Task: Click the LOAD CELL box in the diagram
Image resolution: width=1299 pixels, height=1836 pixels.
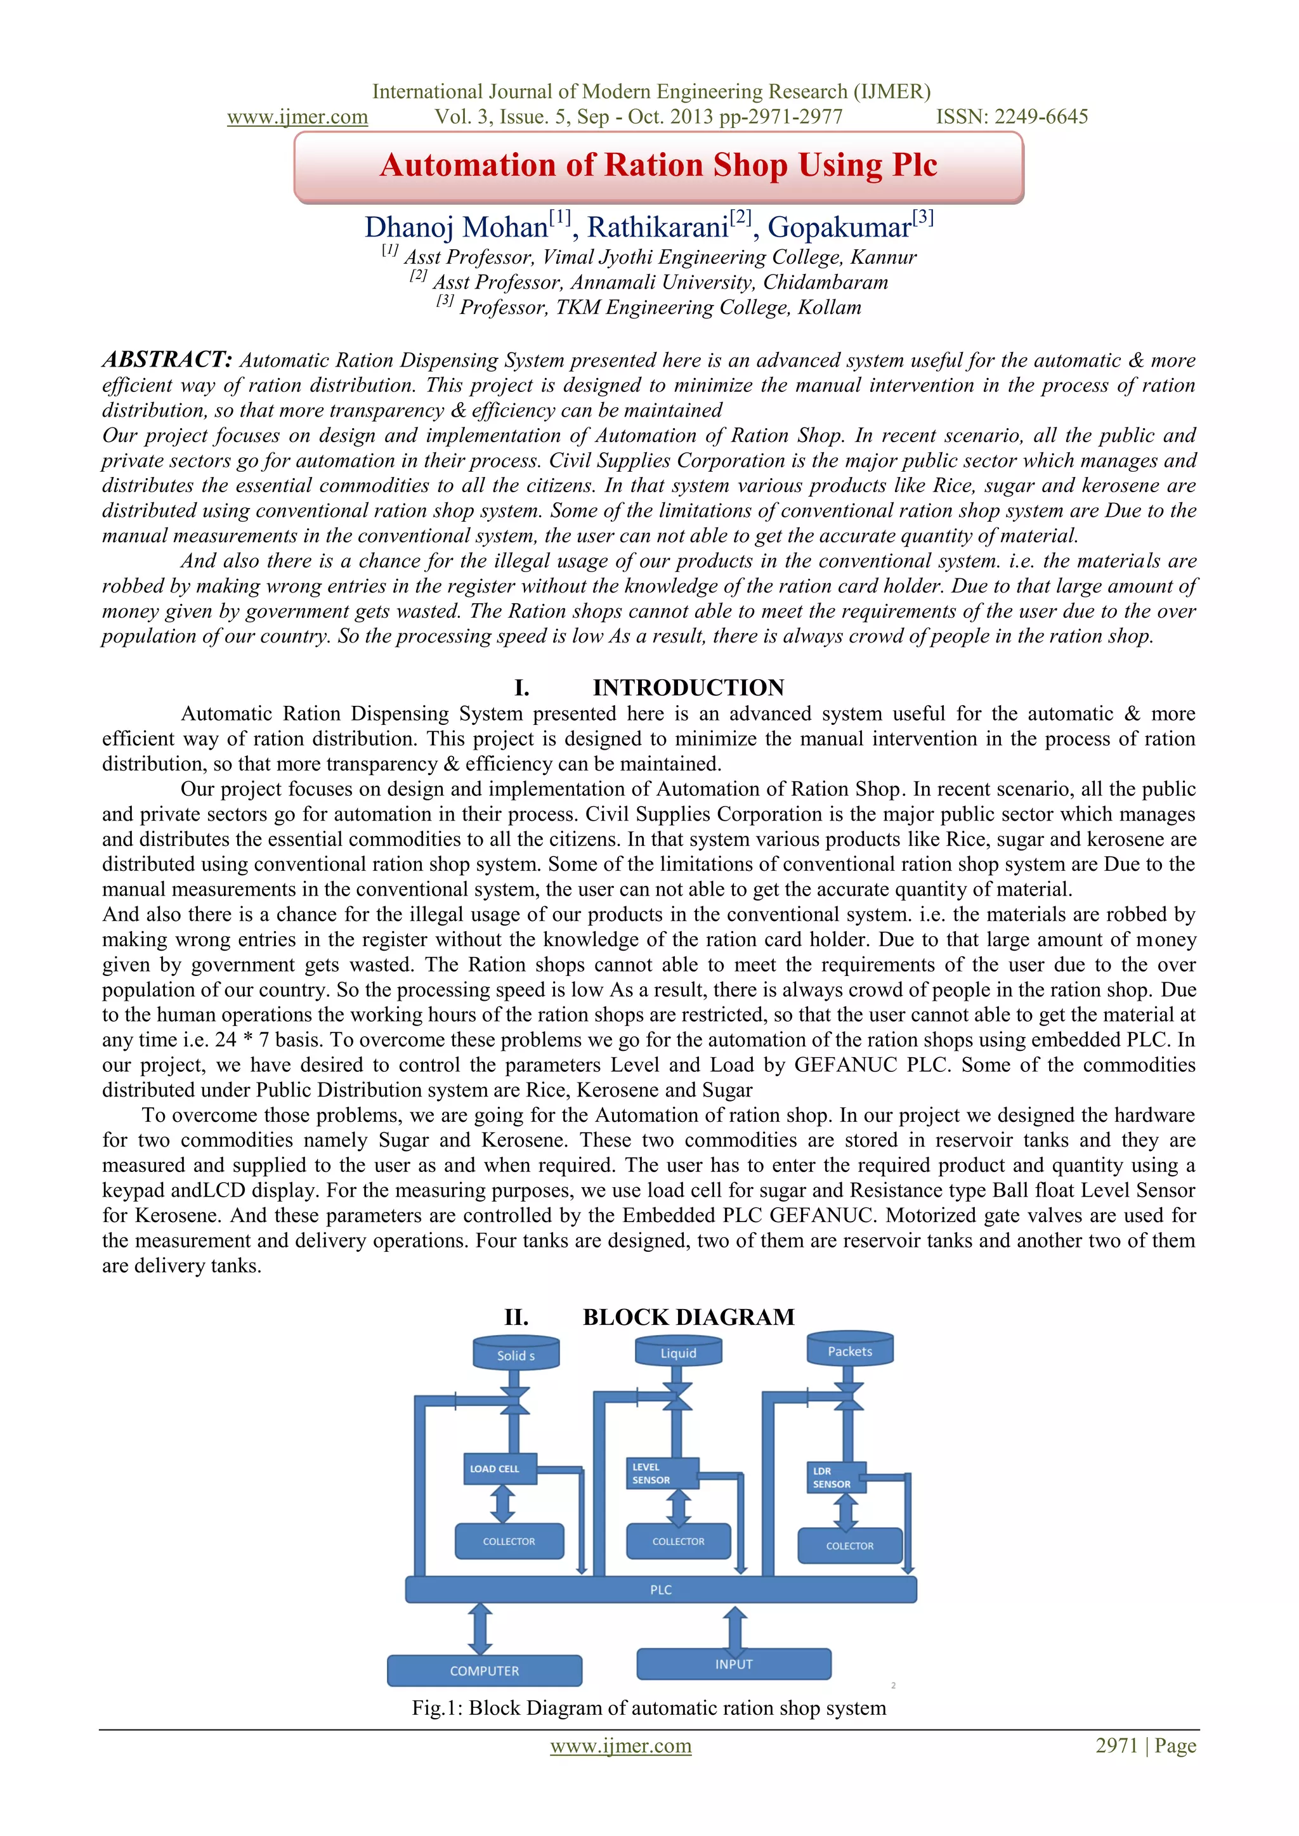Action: click(x=500, y=1468)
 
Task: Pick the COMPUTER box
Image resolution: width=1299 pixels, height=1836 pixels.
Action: click(x=485, y=1670)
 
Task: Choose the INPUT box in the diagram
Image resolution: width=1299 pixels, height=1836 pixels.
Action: click(x=733, y=1664)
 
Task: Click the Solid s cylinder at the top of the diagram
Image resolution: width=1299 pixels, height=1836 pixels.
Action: click(x=516, y=1355)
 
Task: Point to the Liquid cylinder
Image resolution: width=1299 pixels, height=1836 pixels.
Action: click(x=678, y=1352)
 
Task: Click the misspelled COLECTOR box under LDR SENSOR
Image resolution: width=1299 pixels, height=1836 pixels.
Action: click(x=849, y=1546)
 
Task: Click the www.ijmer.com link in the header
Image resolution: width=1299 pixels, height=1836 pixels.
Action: click(x=297, y=117)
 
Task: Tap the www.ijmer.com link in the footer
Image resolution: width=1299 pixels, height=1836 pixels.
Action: click(x=621, y=1745)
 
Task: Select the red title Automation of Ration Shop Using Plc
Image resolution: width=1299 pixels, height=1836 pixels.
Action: click(x=658, y=165)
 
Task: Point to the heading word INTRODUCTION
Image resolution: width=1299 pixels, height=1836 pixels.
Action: click(x=688, y=687)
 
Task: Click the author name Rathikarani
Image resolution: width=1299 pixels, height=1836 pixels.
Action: click(x=658, y=228)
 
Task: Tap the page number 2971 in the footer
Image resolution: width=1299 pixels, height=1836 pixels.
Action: click(x=1116, y=1745)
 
